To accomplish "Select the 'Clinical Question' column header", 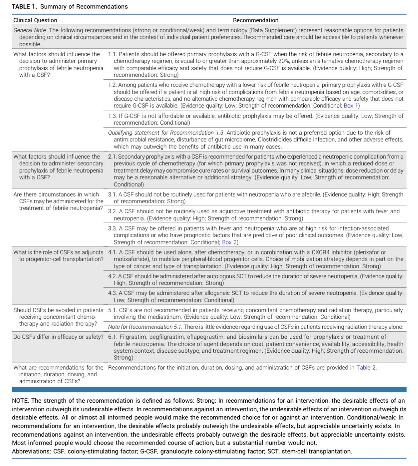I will [35, 20].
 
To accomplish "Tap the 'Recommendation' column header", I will [255, 20].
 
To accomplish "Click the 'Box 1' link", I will [351, 105].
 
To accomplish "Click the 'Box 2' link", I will [229, 242].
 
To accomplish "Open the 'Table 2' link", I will [366, 367].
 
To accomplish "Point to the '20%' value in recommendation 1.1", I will [283, 61].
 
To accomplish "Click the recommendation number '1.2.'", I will [112, 85].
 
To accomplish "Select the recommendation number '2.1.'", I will [112, 157].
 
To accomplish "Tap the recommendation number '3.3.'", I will [113, 228].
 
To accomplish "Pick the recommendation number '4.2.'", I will [112, 276].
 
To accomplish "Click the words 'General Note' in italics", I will [30, 30].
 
